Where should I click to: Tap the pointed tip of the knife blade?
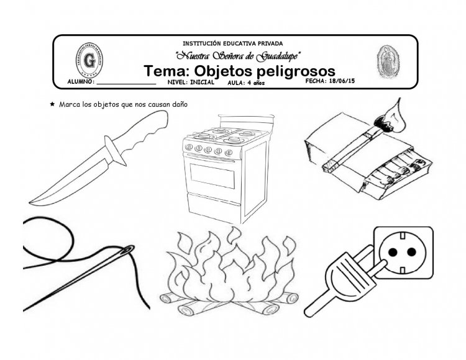31,202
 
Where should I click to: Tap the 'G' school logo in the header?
91,61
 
